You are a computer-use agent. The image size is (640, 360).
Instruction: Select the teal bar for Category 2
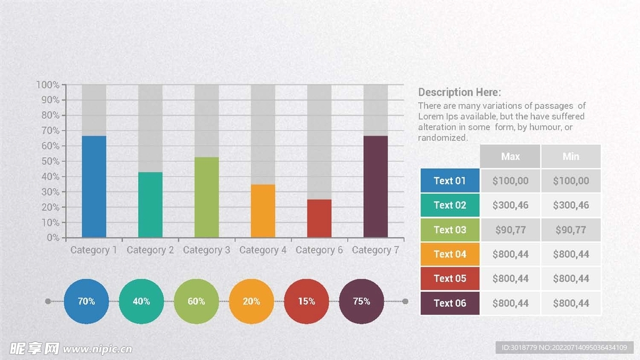point(150,204)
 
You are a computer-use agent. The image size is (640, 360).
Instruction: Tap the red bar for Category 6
point(319,218)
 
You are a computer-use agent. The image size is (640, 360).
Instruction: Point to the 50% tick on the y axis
point(51,161)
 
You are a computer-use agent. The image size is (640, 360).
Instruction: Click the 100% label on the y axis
point(48,85)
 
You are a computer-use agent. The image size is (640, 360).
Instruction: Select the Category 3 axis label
point(206,250)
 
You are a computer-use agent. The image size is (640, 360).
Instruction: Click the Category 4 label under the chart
point(262,250)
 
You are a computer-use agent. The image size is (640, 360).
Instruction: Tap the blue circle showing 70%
point(86,301)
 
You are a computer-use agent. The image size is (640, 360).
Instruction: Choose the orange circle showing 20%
point(251,301)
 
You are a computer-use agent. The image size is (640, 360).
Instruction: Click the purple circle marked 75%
point(361,301)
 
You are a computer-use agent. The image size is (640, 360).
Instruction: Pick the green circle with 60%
point(196,301)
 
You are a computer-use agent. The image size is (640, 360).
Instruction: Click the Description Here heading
point(459,92)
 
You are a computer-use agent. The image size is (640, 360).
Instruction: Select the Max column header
point(510,156)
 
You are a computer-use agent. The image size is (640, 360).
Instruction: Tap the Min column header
point(571,156)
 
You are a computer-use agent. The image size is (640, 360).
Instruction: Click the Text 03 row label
point(450,230)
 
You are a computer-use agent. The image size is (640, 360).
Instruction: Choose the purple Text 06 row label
point(450,303)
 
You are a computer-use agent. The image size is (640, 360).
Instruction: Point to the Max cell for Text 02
point(510,205)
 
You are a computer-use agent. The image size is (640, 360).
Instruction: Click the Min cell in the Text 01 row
point(571,181)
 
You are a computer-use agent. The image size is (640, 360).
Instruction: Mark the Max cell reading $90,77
point(510,230)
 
